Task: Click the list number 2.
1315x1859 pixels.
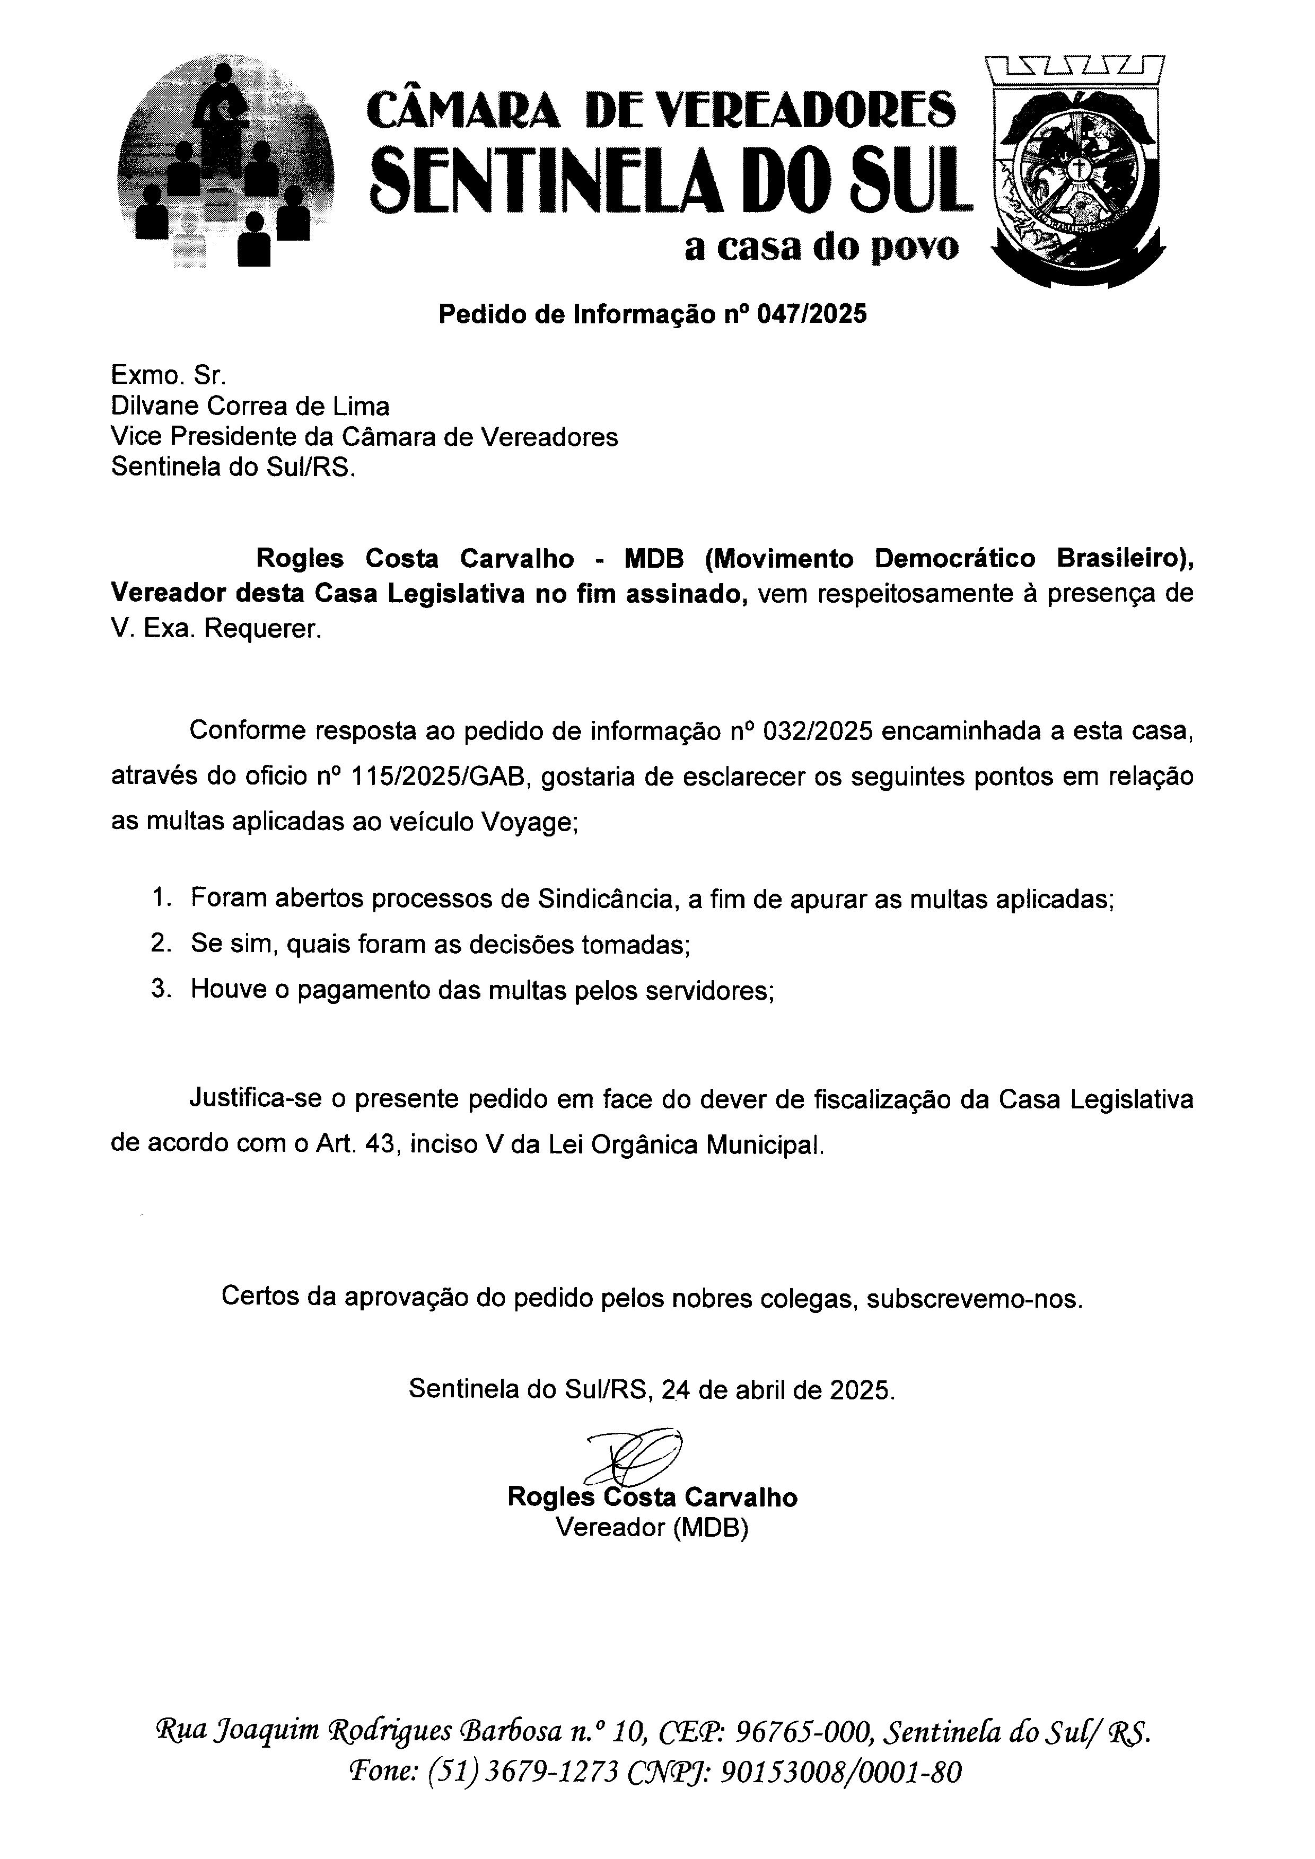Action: point(160,943)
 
